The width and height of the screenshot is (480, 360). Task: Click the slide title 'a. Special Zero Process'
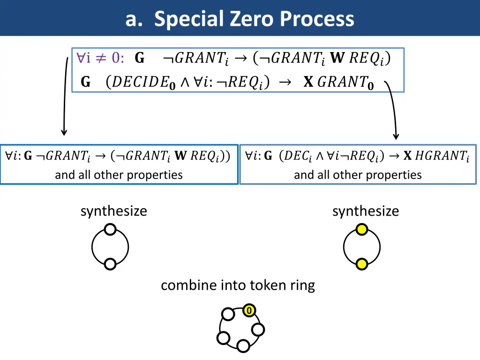click(x=240, y=19)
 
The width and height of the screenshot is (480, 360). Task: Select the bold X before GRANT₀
click(x=308, y=82)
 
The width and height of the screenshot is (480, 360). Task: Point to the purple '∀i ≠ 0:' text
click(x=100, y=58)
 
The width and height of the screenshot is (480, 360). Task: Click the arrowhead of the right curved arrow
click(x=396, y=136)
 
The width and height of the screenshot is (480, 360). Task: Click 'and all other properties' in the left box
click(x=119, y=175)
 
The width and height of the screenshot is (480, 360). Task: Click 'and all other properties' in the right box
click(x=358, y=175)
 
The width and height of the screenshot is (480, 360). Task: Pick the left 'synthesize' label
click(x=113, y=211)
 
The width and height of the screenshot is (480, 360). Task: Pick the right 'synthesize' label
click(x=366, y=211)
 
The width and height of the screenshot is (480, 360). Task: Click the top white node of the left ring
click(x=110, y=229)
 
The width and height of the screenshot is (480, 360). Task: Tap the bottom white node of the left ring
click(x=110, y=264)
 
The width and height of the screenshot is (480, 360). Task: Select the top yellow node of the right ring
click(x=361, y=229)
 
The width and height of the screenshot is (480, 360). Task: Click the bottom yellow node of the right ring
click(x=361, y=264)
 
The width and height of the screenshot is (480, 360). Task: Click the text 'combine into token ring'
click(x=238, y=285)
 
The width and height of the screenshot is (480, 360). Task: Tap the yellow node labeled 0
click(x=249, y=311)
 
